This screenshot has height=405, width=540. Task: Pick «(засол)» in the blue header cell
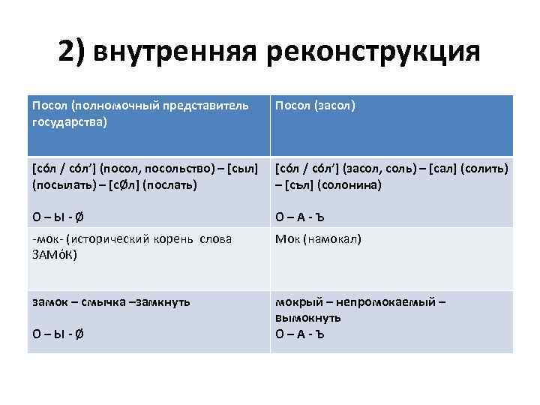[335, 105]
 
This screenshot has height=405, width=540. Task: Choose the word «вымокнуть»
[307, 318]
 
